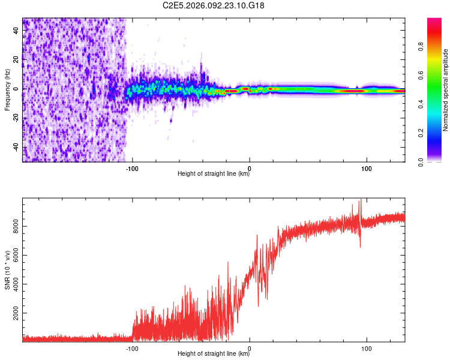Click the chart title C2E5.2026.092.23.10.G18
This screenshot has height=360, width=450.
pyautogui.click(x=214, y=5)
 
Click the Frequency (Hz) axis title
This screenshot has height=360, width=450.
pyautogui.click(x=7, y=90)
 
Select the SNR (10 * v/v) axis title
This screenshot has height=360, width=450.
pyautogui.click(x=7, y=271)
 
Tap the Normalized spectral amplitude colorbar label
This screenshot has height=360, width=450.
pyautogui.click(x=446, y=90)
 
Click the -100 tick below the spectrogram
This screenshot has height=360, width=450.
pyautogui.click(x=132, y=167)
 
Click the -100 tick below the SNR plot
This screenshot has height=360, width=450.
pyautogui.click(x=132, y=347)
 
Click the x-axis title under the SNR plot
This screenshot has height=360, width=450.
pyautogui.click(x=214, y=354)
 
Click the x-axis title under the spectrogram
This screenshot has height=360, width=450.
pyautogui.click(x=214, y=174)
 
